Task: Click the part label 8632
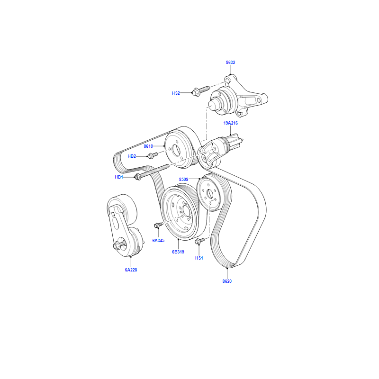tap(230, 63)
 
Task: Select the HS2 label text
tap(176, 93)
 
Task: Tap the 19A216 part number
tap(231, 123)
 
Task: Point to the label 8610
tap(148, 146)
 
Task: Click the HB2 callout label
tap(132, 156)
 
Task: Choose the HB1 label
tap(119, 177)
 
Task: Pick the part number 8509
tap(183, 180)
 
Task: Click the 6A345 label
tap(158, 241)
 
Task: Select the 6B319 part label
tap(178, 252)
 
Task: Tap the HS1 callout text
tap(199, 258)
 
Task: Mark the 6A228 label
tap(131, 270)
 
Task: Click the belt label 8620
tap(227, 281)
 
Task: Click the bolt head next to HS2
tap(196, 92)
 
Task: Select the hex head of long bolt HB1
tap(137, 177)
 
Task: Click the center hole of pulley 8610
tap(176, 151)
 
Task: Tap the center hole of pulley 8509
tap(209, 194)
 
